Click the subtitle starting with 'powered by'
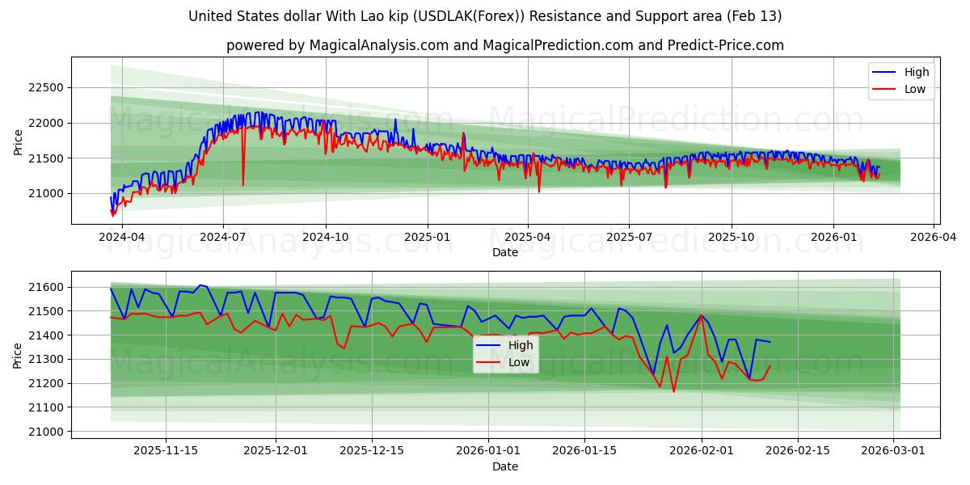point(504,45)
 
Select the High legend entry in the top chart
point(916,72)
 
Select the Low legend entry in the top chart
point(915,89)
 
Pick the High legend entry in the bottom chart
point(520,345)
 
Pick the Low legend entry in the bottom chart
point(519,362)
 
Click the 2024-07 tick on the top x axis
point(222,237)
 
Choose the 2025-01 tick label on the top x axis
point(427,237)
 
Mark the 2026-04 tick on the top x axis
point(934,237)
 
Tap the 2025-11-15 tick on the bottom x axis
point(166,450)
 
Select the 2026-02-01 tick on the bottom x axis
point(702,450)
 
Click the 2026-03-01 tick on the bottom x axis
point(893,450)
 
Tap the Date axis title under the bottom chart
point(504,466)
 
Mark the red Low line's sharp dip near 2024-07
point(243,185)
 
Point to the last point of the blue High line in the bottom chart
point(770,342)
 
